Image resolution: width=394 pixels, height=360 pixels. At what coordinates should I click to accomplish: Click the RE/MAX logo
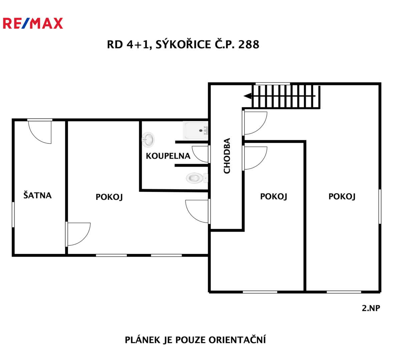pos(33,23)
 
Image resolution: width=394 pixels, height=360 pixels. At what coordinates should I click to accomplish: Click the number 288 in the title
pos(249,44)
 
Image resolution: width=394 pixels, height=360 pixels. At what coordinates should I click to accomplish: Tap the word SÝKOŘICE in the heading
pos(183,44)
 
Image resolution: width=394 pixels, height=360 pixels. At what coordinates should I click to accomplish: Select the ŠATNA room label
pos(37,195)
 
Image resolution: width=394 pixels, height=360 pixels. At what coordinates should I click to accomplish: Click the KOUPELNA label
pos(168,156)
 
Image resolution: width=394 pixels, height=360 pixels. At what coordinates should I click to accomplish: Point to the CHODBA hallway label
pos(227,156)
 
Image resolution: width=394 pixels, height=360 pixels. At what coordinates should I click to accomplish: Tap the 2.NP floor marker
pos(371,308)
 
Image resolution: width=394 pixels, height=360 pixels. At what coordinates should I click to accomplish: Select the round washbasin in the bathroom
pos(148,140)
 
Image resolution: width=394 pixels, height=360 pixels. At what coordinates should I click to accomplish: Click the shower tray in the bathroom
pos(195,130)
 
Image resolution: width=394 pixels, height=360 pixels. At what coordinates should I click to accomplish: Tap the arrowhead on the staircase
pos(248,96)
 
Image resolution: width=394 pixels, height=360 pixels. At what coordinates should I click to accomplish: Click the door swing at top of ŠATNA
pos(40,132)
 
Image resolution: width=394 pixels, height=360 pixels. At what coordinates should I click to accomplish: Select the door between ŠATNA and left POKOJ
pos(78,234)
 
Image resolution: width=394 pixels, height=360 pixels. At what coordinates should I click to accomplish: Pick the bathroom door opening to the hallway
pos(201,154)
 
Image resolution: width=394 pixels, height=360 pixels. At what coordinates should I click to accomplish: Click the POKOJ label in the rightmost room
pos(342,196)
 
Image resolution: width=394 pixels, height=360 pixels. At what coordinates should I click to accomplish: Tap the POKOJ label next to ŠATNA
pos(109,197)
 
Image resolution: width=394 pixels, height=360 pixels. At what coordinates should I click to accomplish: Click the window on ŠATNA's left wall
pos(13,215)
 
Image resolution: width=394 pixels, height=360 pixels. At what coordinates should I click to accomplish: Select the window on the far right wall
pos(380,206)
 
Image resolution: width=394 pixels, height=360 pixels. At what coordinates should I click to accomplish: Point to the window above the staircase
pos(273,84)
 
